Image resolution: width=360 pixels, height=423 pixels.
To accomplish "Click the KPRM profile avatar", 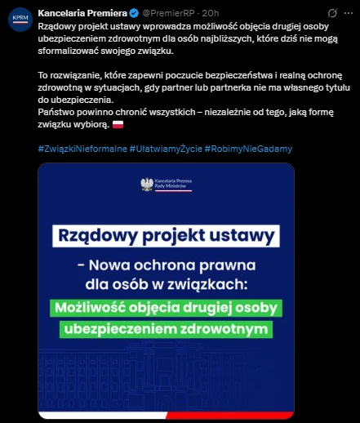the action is coord(19,20).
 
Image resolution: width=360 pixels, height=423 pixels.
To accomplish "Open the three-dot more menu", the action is coord(345,13).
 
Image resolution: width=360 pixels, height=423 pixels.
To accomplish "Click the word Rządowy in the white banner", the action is coord(96,238).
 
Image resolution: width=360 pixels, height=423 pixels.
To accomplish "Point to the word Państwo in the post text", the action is coord(56,112).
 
